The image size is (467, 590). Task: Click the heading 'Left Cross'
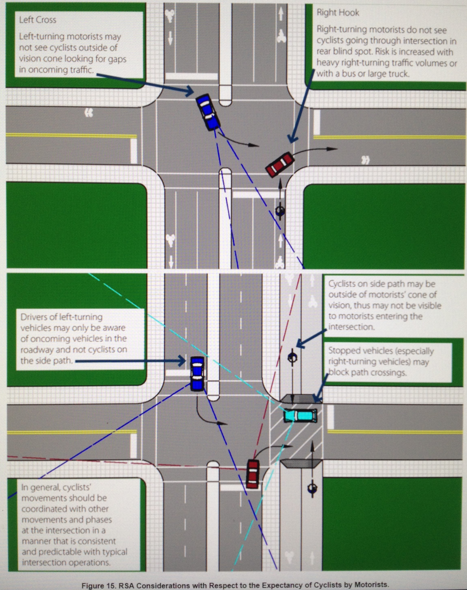38,20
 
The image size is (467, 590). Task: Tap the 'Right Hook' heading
338,13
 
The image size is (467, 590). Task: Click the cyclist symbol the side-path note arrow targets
292,357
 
